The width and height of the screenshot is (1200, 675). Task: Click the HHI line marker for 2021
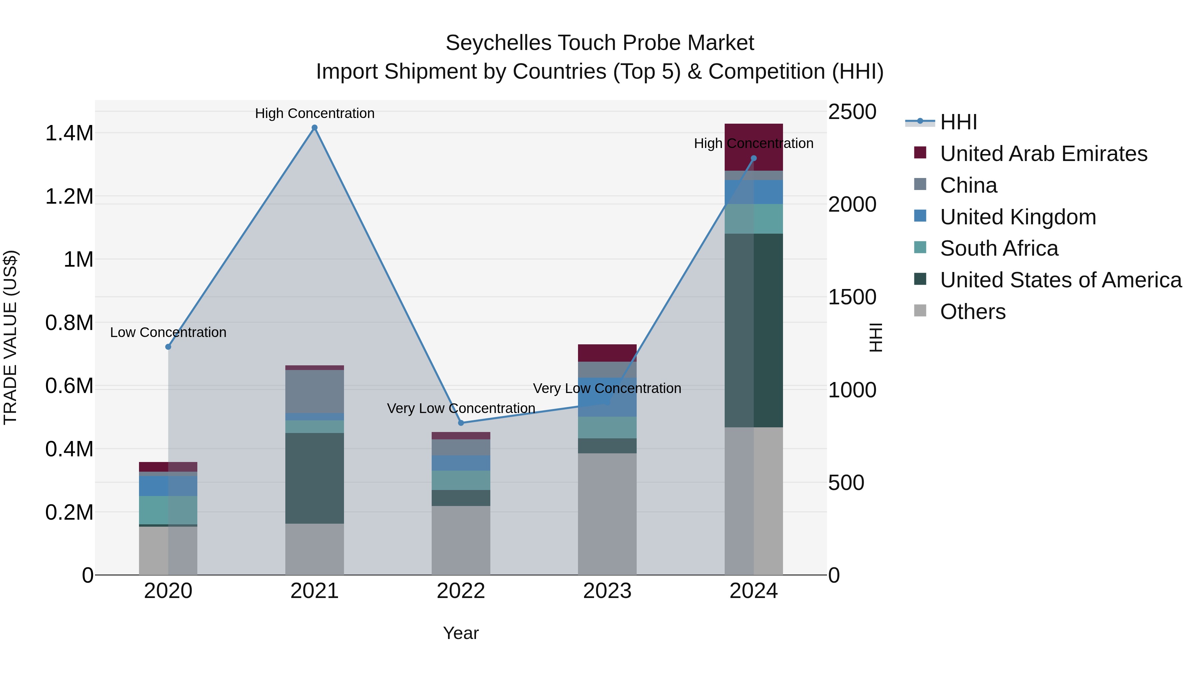[x=314, y=128]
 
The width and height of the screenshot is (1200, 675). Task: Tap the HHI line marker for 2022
[x=461, y=423]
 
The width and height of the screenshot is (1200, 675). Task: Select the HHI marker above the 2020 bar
[x=168, y=347]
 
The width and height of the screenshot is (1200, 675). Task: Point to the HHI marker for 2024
[x=754, y=158]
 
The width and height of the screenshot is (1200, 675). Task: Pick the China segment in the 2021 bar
[x=314, y=391]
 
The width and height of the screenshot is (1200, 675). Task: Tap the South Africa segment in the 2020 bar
[x=168, y=510]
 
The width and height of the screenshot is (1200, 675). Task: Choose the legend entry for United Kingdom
[x=1018, y=217]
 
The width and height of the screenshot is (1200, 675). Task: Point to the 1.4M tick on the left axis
[x=69, y=133]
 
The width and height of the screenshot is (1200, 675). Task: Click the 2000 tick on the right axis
[x=852, y=205]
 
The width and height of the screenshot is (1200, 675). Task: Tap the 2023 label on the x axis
[x=607, y=591]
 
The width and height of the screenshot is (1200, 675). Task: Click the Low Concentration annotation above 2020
[x=168, y=333]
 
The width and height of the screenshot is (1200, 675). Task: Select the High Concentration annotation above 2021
[x=314, y=113]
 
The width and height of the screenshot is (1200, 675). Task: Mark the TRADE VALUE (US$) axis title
[x=10, y=337]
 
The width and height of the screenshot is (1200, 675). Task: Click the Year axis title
[x=461, y=633]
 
